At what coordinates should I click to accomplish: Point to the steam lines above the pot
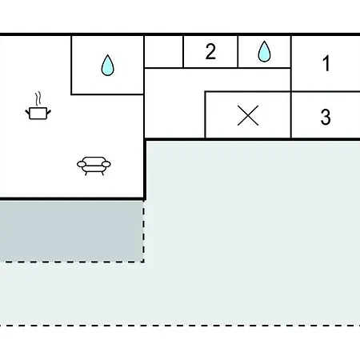[x=38, y=98]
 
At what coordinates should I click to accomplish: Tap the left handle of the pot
[x=27, y=112]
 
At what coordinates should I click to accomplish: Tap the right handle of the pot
[x=49, y=112]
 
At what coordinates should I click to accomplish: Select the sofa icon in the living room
[x=94, y=166]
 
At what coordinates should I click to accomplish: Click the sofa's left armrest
[x=82, y=164]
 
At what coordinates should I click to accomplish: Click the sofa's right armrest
[x=106, y=164]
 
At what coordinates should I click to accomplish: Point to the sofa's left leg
[x=86, y=174]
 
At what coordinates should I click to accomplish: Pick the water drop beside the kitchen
[x=107, y=66]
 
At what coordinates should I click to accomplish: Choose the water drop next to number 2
[x=264, y=51]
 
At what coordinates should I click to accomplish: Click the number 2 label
[x=210, y=51]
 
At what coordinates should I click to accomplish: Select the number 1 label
[x=326, y=63]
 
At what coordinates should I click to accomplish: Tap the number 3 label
[x=326, y=117]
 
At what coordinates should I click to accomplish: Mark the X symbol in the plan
[x=248, y=115]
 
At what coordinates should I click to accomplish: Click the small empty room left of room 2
[x=164, y=51]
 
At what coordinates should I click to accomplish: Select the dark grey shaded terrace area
[x=71, y=231]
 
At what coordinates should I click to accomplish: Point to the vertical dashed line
[x=143, y=231]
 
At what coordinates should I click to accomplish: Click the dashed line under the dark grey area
[x=72, y=262]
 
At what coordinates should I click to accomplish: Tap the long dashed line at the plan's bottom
[x=180, y=326]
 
